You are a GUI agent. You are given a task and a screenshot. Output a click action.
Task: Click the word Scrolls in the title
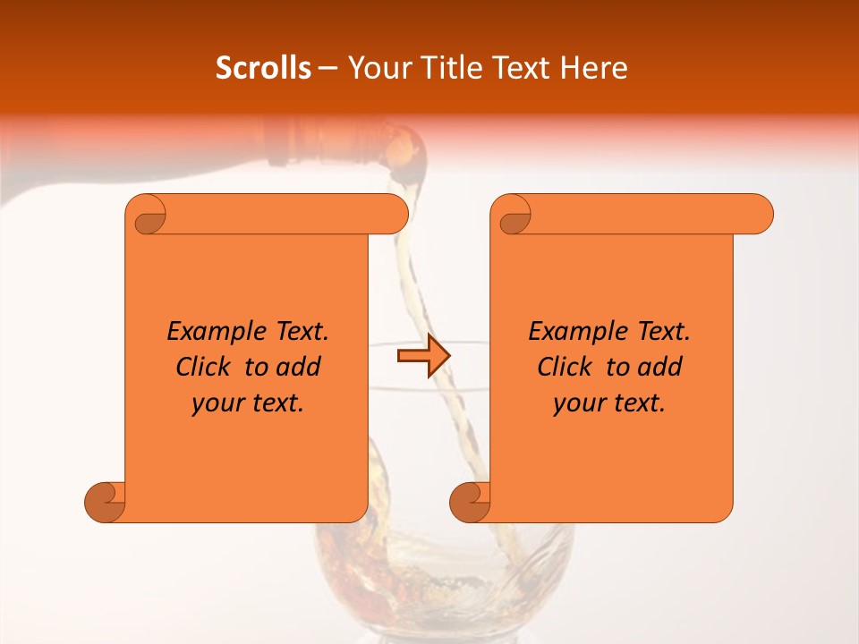[264, 68]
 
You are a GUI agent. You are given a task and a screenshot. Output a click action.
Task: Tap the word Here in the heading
[594, 68]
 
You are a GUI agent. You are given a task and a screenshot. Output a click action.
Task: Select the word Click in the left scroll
[205, 367]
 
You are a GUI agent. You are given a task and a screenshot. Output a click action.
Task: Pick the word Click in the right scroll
[566, 367]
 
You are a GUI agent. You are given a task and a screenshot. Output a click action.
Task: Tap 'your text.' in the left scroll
[248, 403]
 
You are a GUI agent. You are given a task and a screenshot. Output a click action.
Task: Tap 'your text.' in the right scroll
[609, 403]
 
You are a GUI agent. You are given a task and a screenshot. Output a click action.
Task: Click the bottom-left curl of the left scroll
[106, 501]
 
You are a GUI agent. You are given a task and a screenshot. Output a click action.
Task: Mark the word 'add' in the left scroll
[300, 367]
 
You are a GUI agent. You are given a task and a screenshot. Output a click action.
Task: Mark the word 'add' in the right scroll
[661, 367]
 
